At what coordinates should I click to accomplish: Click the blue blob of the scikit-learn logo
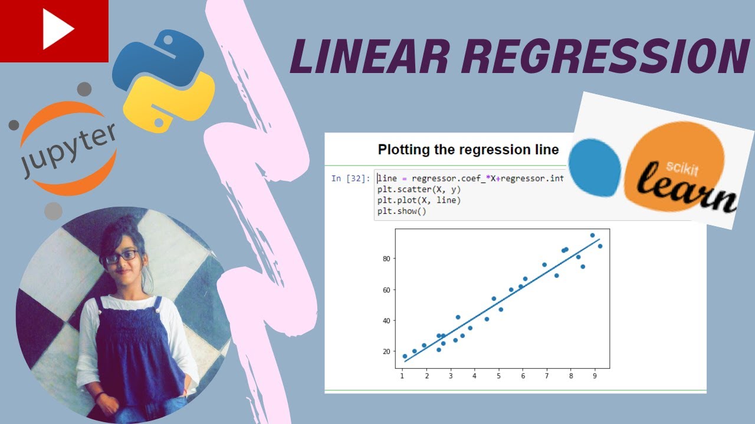coord(595,167)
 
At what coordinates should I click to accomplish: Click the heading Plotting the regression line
coord(468,150)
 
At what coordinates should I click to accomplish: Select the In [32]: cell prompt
coord(351,178)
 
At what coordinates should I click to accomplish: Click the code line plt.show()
coord(402,211)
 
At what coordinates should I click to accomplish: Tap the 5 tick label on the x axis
coord(498,375)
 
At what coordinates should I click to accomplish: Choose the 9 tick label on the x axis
coord(595,375)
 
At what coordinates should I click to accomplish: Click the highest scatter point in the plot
coord(592,235)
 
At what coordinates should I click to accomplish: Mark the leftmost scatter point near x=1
coord(405,356)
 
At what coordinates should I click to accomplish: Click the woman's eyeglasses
coord(122,257)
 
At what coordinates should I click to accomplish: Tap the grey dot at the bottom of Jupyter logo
coord(53,211)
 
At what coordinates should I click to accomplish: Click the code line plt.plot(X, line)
coord(419,200)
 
